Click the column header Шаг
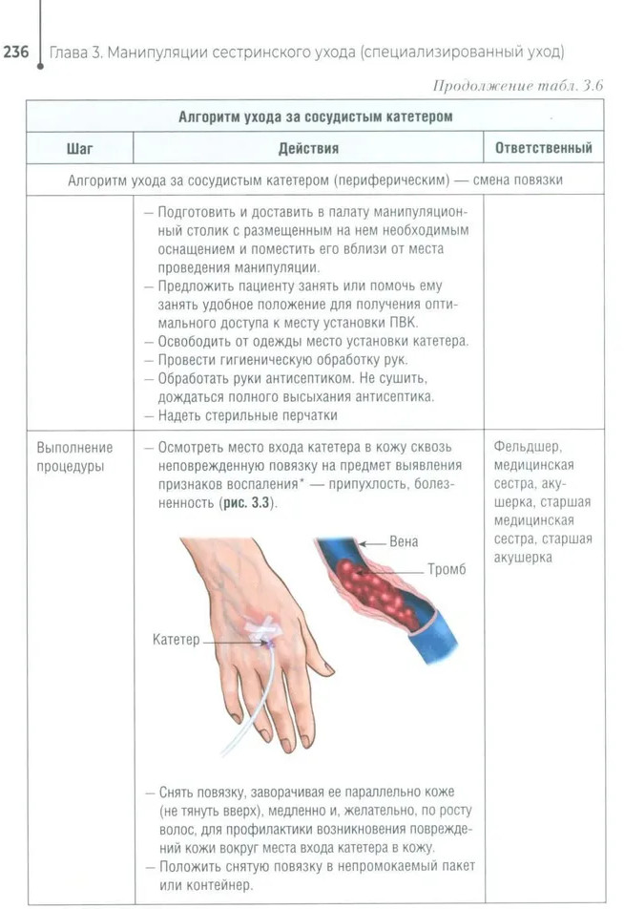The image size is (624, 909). pyautogui.click(x=80, y=148)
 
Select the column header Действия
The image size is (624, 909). pyautogui.click(x=308, y=148)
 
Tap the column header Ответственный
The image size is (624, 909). pyautogui.click(x=543, y=148)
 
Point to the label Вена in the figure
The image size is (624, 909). pyautogui.click(x=404, y=542)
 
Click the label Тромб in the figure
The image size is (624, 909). pyautogui.click(x=447, y=570)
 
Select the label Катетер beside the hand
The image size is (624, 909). pyautogui.click(x=177, y=640)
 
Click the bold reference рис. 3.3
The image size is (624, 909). pyautogui.click(x=246, y=503)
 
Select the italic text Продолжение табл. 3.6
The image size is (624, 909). pyautogui.click(x=518, y=86)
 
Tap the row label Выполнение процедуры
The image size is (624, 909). pyautogui.click(x=75, y=456)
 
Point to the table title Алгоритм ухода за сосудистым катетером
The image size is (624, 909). pyautogui.click(x=315, y=116)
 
